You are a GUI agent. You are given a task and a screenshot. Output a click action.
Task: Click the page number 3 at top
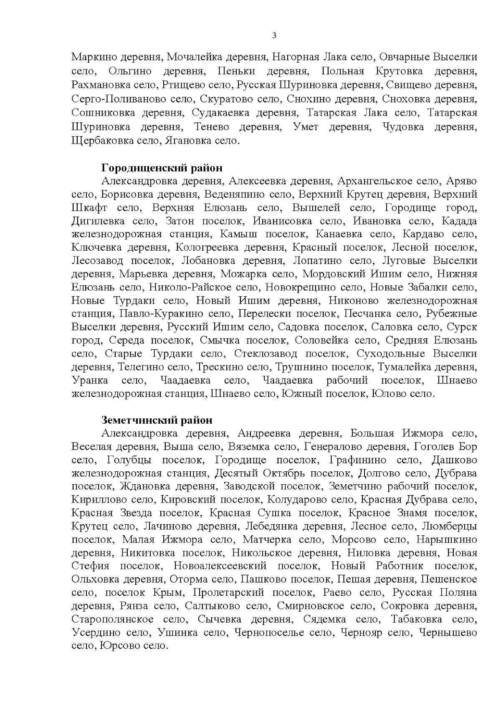click(x=274, y=36)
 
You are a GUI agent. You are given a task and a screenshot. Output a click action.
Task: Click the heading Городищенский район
click(x=162, y=168)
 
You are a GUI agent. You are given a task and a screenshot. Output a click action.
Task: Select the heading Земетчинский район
click(x=157, y=420)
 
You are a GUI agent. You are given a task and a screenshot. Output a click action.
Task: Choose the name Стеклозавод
click(x=266, y=354)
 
